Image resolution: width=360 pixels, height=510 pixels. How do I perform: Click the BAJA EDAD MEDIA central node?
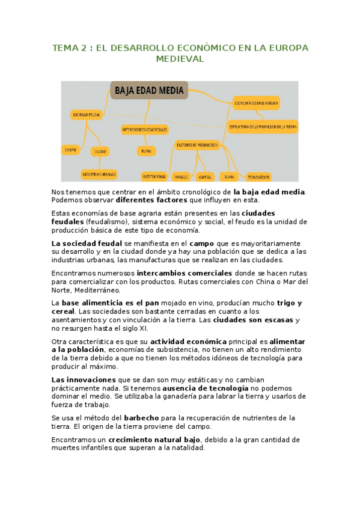149,90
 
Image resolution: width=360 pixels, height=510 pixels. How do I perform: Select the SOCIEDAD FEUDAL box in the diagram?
87,114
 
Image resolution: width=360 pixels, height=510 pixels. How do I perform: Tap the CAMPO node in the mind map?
72,149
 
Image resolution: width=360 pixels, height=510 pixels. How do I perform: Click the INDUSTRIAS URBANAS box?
100,174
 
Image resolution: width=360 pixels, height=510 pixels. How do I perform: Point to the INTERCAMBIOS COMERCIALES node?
145,129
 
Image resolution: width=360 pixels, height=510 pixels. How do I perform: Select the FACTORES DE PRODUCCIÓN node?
197,145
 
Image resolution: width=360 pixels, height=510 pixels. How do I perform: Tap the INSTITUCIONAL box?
154,177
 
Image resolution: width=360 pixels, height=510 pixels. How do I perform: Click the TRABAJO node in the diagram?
181,177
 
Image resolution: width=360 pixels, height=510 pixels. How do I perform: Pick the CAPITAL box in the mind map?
205,177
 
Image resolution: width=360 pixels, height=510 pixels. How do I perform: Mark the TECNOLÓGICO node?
258,177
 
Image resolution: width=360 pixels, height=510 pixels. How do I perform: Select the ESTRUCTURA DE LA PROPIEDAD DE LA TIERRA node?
263,126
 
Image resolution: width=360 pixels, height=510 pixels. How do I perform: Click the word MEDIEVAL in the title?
180,59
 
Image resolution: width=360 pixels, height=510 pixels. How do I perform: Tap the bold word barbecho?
141,417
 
